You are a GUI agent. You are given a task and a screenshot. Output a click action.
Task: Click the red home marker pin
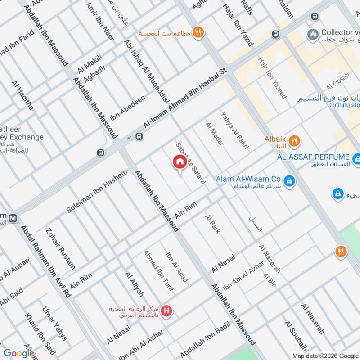(x=180, y=162)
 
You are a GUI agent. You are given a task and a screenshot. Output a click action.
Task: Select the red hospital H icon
(x=167, y=310)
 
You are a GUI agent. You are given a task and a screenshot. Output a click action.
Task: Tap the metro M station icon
(x=13, y=218)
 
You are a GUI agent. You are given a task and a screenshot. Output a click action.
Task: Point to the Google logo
(x=19, y=353)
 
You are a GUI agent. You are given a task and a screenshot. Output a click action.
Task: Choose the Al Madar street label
(x=214, y=135)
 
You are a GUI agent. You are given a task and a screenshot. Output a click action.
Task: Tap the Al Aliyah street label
(x=134, y=284)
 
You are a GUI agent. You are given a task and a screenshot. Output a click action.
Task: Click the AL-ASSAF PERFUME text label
(x=313, y=157)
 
